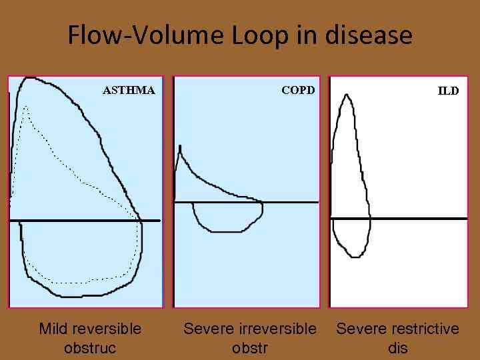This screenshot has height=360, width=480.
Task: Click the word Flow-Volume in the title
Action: tap(146, 35)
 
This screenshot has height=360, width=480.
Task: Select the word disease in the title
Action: tap(369, 35)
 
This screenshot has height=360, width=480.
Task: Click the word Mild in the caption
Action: tap(53, 329)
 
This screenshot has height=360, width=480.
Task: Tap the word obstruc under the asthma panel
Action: tap(90, 348)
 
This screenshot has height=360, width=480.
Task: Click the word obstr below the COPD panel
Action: tap(249, 348)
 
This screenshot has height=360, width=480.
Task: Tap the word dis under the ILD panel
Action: tap(397, 348)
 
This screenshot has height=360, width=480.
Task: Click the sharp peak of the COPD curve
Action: tap(179, 146)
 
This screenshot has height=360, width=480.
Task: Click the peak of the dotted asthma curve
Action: tap(25, 107)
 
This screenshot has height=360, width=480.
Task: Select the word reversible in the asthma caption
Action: tap(107, 329)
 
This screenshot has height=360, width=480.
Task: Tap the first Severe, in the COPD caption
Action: tap(209, 329)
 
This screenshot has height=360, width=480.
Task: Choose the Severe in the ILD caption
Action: tap(361, 329)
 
